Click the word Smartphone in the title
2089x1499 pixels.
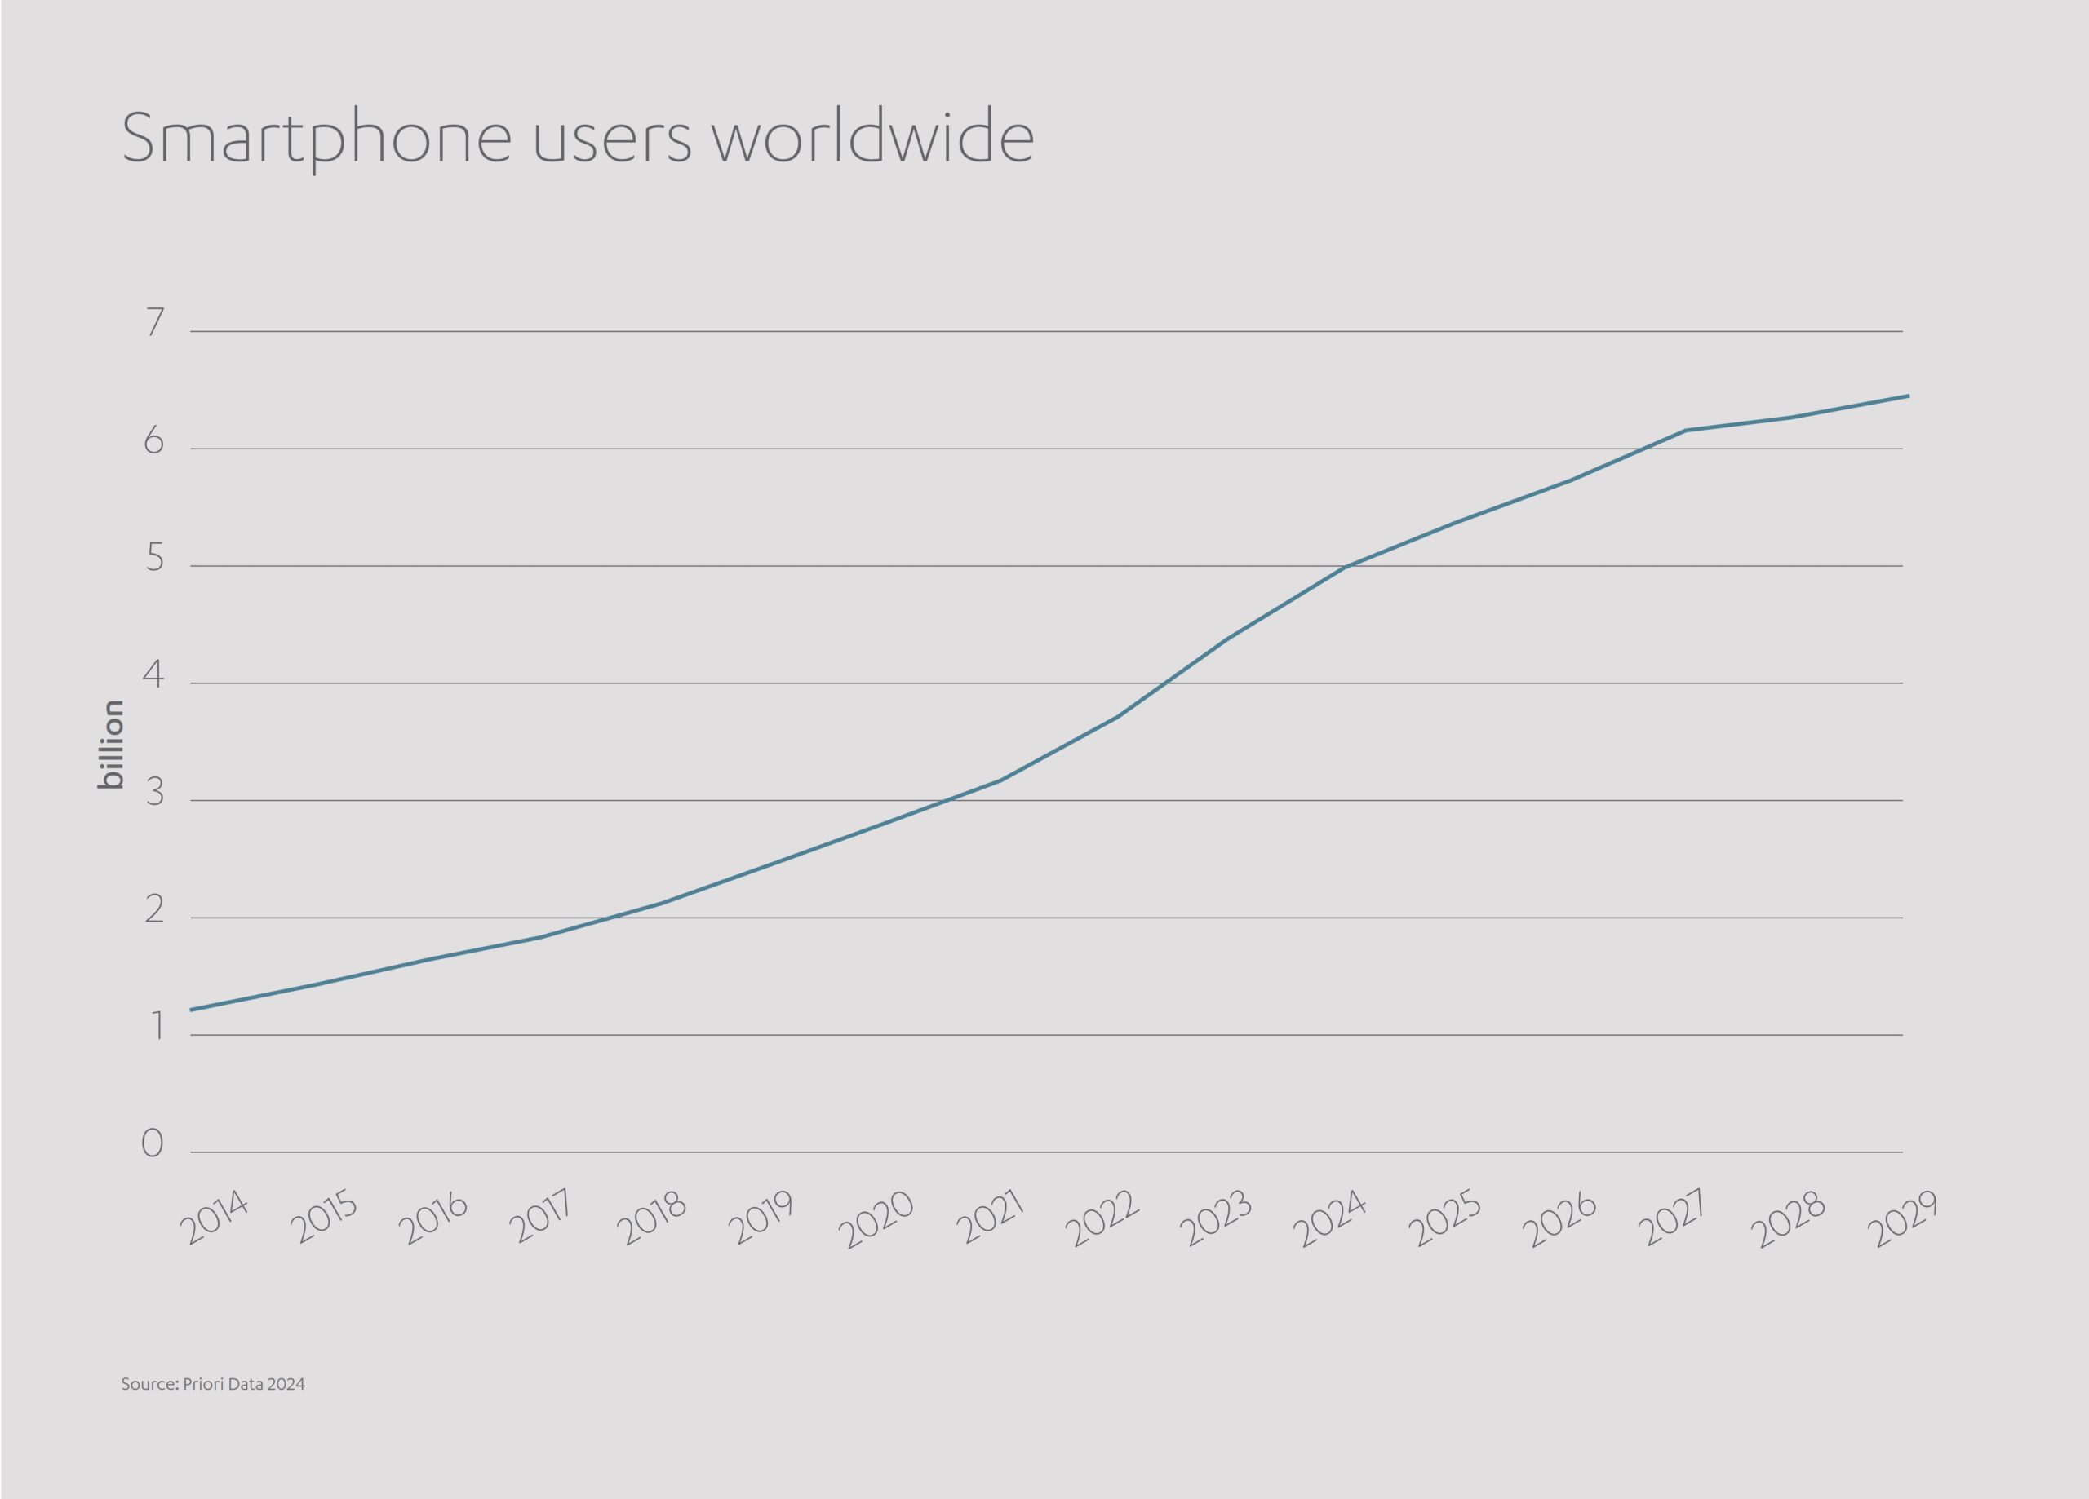tap(316, 138)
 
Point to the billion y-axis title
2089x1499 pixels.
tap(110, 744)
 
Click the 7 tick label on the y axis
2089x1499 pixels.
tap(155, 323)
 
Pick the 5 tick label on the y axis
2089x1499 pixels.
tap(155, 559)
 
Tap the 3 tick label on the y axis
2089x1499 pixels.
tap(155, 793)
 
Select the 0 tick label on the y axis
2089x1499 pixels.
tap(153, 1143)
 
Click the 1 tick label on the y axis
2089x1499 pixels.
tap(157, 1027)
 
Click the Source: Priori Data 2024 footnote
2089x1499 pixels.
tap(213, 1384)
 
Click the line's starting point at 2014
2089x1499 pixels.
tap(192, 1010)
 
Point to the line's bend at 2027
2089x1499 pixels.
tap(1684, 431)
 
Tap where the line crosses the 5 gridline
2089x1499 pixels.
tap(1346, 566)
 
